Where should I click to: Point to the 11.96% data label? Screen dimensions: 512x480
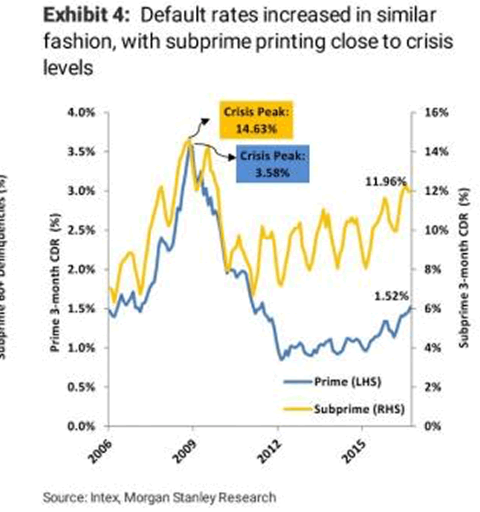(x=382, y=181)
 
